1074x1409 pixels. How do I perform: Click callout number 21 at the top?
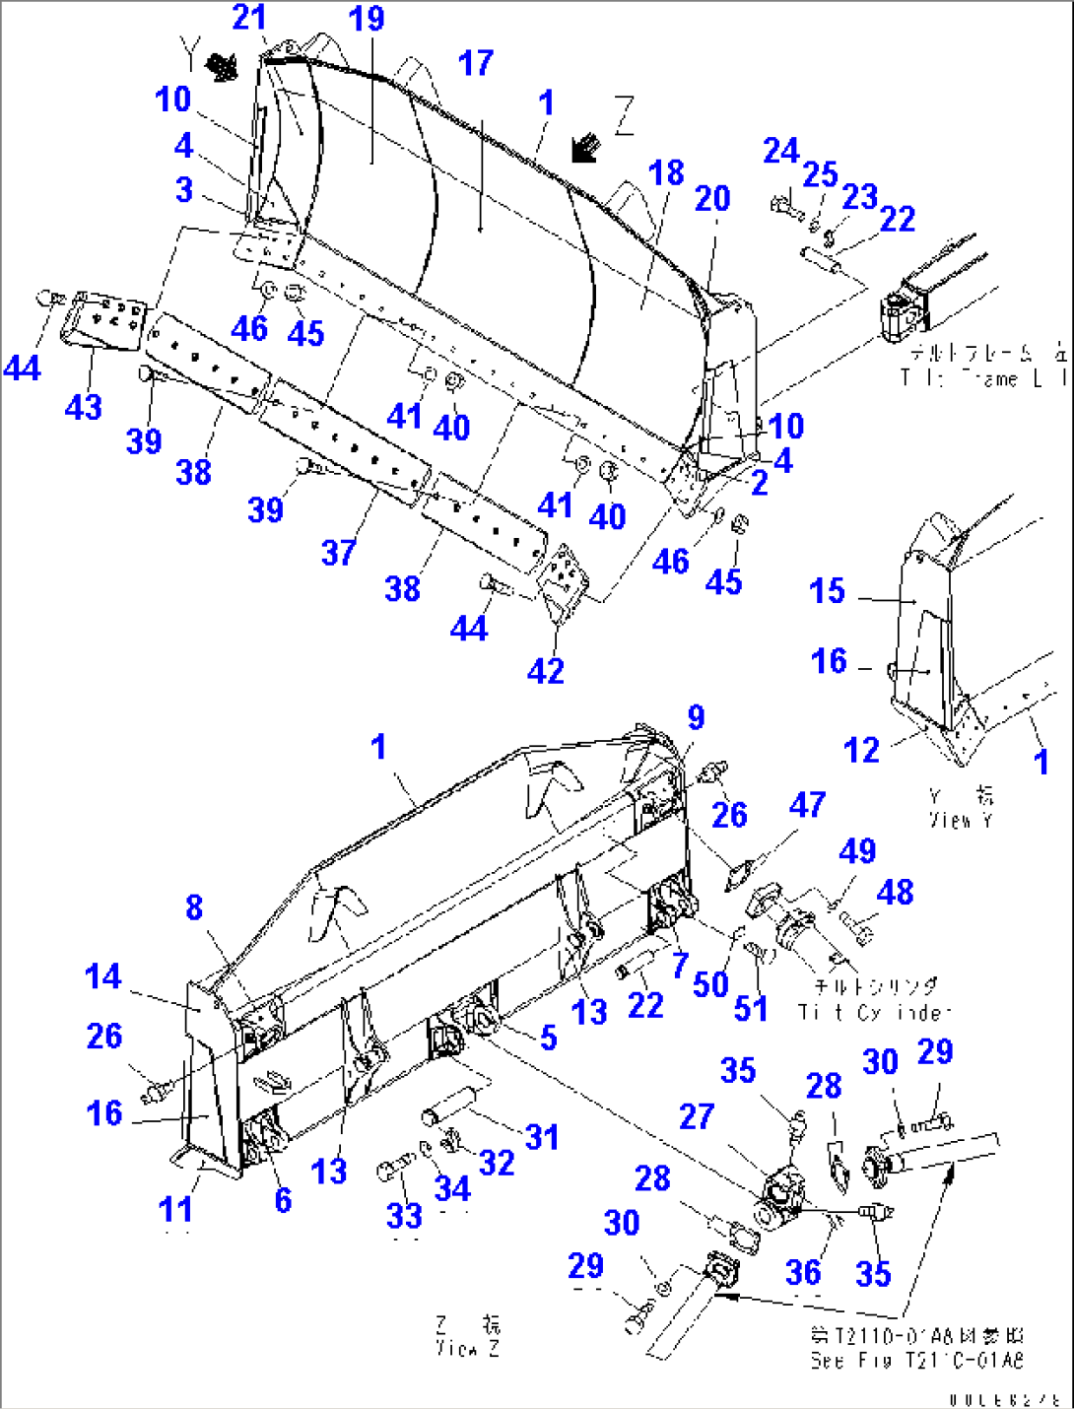(249, 17)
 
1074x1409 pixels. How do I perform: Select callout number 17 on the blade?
(475, 63)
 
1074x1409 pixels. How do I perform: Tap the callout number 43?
(83, 407)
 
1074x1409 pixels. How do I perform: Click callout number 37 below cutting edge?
(338, 553)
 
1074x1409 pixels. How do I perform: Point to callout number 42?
(546, 671)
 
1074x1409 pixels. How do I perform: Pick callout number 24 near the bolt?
(780, 151)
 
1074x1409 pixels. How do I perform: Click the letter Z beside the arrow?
(624, 116)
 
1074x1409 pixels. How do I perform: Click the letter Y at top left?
(189, 48)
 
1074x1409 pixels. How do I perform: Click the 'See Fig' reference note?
(916, 1349)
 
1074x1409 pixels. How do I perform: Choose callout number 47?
(807, 805)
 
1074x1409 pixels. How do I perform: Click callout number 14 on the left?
(102, 976)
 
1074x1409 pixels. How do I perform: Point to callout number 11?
(175, 1209)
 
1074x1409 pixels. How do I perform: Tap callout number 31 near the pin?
(542, 1137)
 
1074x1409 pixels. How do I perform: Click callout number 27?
(697, 1116)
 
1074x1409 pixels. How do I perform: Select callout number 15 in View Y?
(827, 591)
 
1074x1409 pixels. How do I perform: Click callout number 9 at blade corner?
(696, 717)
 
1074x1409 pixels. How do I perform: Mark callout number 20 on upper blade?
(712, 198)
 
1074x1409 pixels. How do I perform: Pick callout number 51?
(751, 1008)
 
